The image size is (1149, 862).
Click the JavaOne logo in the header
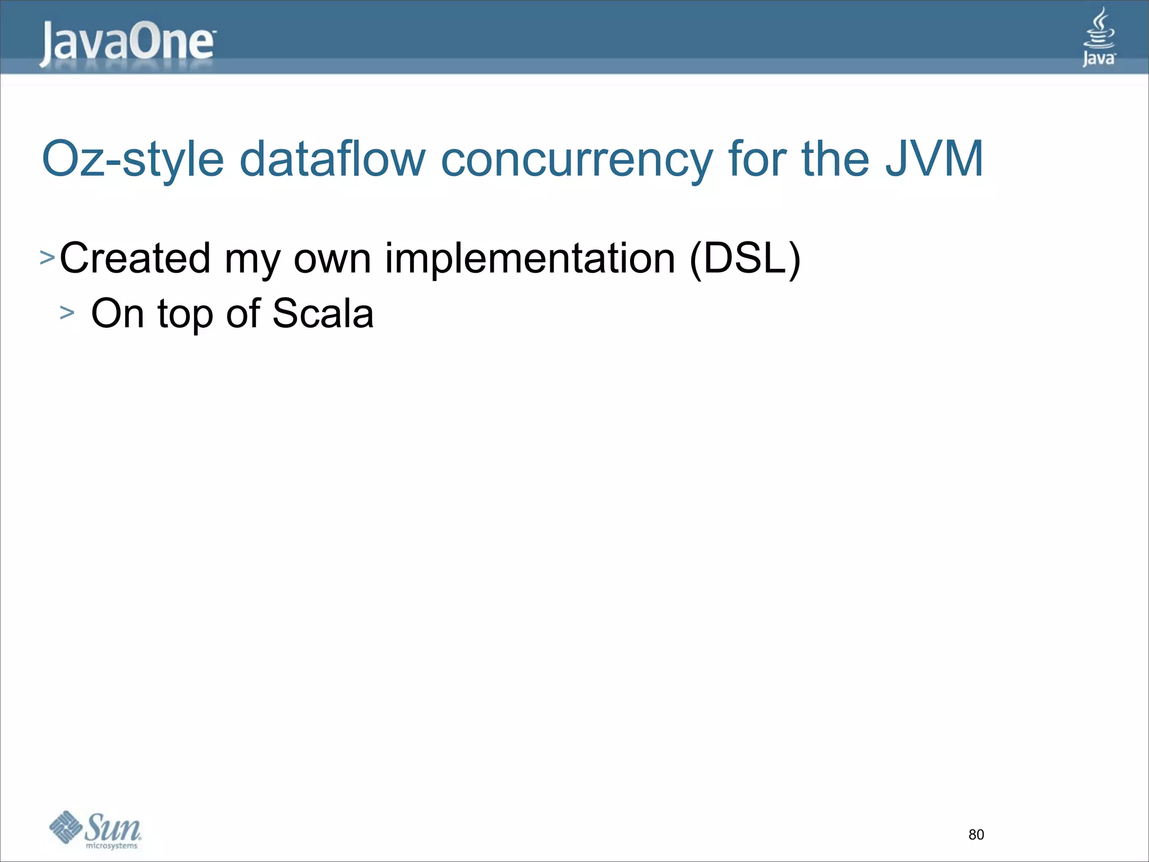[127, 44]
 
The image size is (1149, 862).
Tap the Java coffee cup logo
[1099, 37]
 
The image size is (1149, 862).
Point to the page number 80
[976, 835]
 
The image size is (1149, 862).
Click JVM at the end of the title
[934, 159]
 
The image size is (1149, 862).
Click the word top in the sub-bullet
[185, 314]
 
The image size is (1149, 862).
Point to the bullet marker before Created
[47, 258]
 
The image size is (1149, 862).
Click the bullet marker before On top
[67, 313]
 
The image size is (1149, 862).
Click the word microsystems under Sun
[111, 846]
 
